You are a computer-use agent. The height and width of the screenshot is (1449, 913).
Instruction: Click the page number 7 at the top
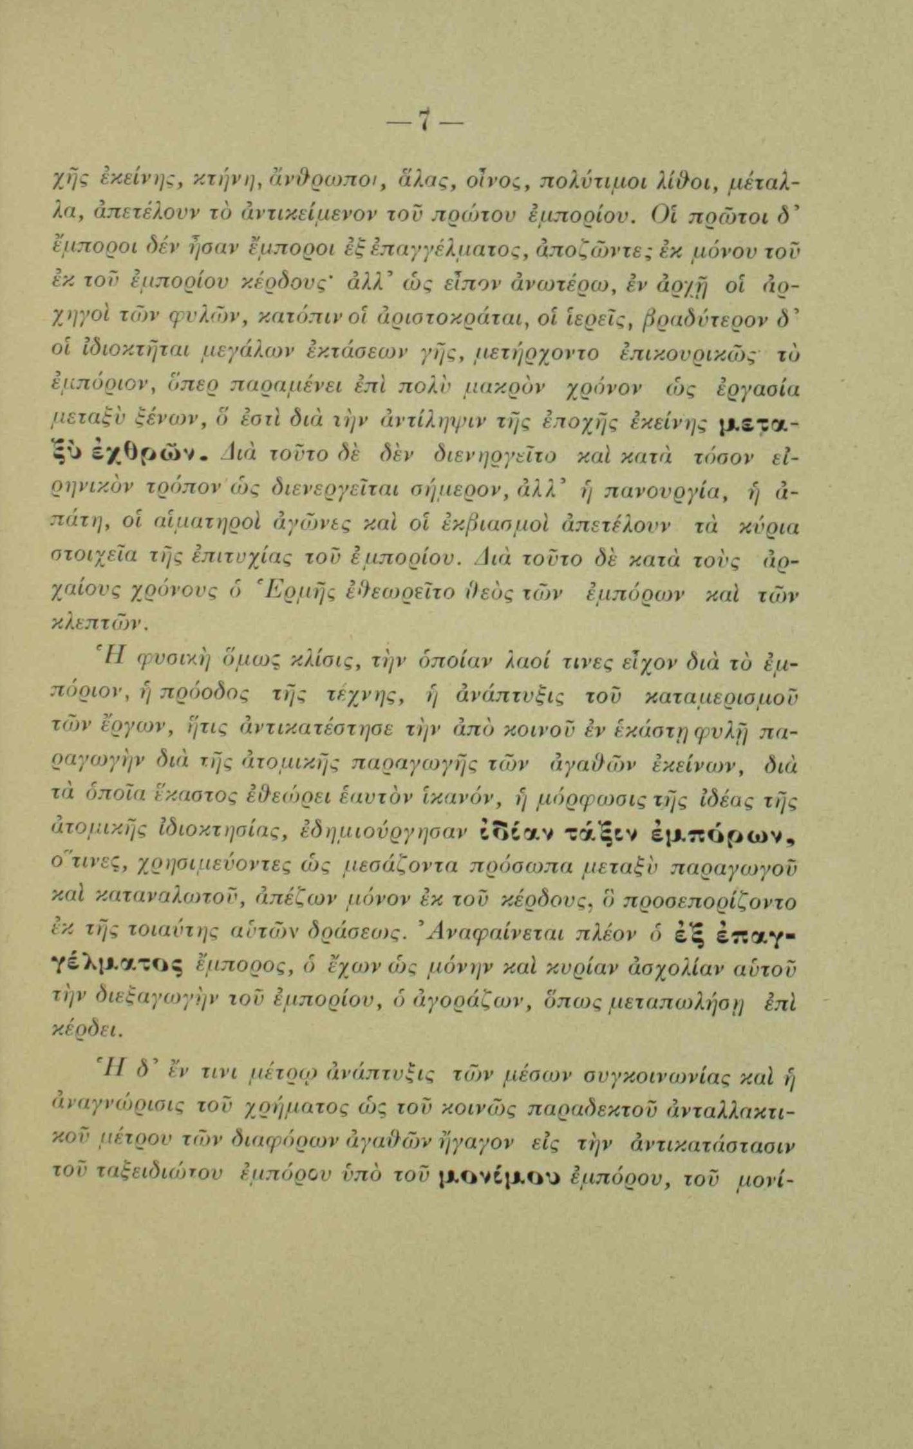(x=423, y=120)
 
